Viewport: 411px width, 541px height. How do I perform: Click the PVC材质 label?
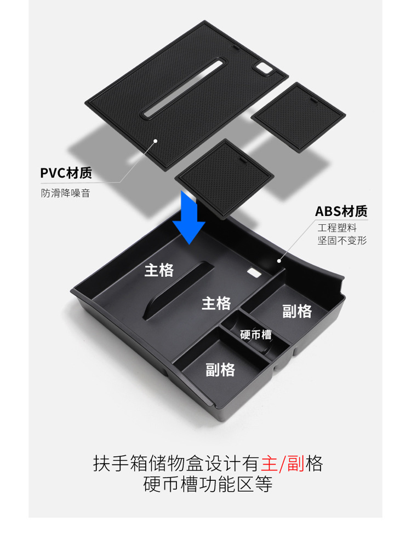coord(66,174)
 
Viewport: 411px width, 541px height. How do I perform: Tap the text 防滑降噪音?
coord(65,193)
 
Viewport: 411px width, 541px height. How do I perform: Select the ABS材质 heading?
coord(341,211)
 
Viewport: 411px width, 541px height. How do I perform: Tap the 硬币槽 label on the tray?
coord(256,334)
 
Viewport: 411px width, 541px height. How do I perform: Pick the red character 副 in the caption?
coord(296,464)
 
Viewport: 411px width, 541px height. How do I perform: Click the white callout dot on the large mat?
coord(156,141)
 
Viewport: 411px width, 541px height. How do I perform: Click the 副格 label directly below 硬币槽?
coord(220,370)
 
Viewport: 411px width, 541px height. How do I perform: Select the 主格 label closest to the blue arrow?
coord(159,270)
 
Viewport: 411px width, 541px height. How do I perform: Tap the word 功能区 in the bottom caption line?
coord(224,485)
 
